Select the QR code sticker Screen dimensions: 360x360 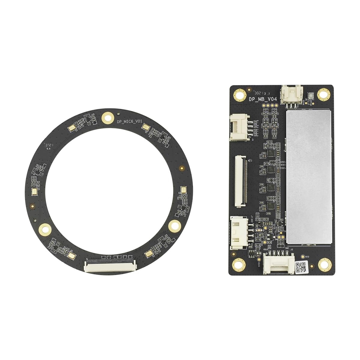click(x=301, y=267)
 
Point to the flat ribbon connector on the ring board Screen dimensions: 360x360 click(x=110, y=265)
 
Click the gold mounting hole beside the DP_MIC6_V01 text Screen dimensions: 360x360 click(x=107, y=117)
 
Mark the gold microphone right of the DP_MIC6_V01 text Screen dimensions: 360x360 click(x=146, y=127)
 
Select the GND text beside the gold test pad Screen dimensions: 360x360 click(x=307, y=257)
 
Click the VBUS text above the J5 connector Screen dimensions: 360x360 click(x=265, y=249)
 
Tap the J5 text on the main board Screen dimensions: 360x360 click(x=292, y=249)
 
